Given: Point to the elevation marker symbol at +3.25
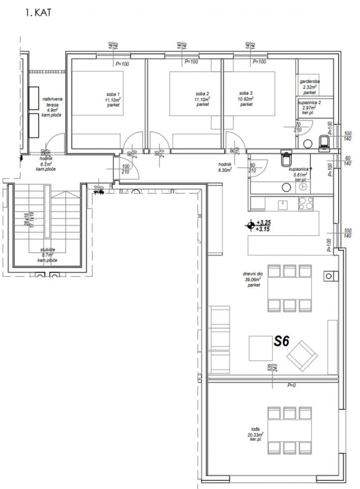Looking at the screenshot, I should pos(250,225).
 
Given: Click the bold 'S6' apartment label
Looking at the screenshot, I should pos(282,341).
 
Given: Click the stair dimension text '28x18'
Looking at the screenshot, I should pos(26,220).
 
